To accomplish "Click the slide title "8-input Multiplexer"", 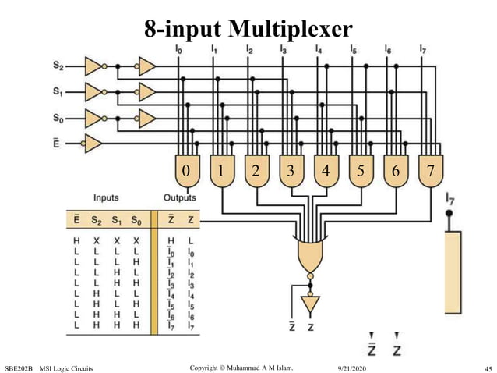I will click(x=248, y=29).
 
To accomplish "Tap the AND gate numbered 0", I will click(x=185, y=171).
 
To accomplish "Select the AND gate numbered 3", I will click(x=290, y=171).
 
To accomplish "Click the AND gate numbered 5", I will click(x=359, y=171).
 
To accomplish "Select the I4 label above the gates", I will click(x=318, y=50).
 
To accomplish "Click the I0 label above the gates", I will click(x=181, y=50).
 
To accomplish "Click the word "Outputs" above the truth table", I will click(x=180, y=198).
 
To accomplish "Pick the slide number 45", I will click(x=487, y=367).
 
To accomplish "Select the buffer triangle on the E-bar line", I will click(x=93, y=144).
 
